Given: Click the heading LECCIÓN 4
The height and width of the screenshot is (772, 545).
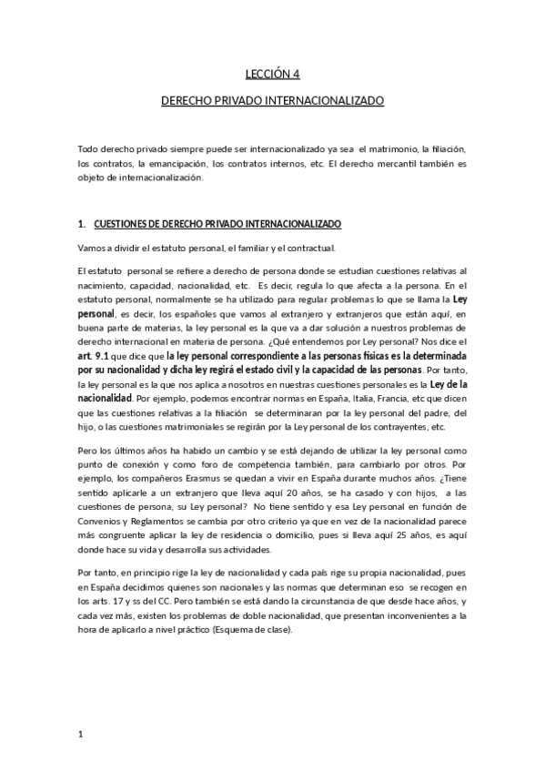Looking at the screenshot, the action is click(x=272, y=76).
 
